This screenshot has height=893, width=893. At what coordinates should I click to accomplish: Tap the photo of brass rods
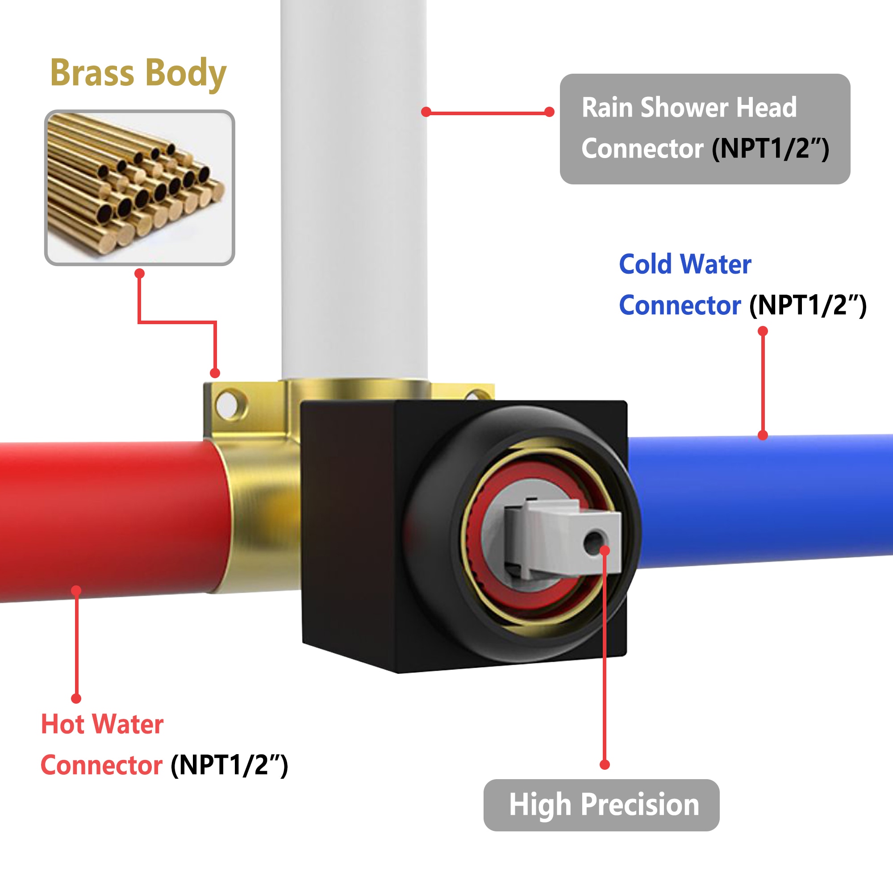(x=140, y=188)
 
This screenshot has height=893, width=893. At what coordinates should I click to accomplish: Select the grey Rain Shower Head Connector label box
(x=705, y=129)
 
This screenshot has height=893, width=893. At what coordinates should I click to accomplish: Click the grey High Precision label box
(x=601, y=805)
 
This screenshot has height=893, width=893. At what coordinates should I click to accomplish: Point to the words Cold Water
(x=685, y=264)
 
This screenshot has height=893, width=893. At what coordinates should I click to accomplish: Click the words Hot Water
(x=102, y=724)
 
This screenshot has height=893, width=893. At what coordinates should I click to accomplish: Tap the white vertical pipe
(x=354, y=189)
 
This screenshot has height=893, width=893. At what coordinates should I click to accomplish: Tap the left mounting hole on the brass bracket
(x=229, y=405)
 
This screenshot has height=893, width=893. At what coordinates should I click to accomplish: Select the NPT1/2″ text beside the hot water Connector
(x=229, y=765)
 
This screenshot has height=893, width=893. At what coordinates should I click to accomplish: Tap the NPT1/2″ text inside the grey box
(x=771, y=149)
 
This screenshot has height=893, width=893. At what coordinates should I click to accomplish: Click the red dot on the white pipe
(x=426, y=112)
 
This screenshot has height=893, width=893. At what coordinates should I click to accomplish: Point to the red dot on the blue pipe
(x=763, y=435)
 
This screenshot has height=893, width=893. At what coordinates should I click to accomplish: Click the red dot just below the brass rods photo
(x=140, y=274)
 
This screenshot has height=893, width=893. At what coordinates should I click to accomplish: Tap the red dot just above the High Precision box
(x=605, y=764)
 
